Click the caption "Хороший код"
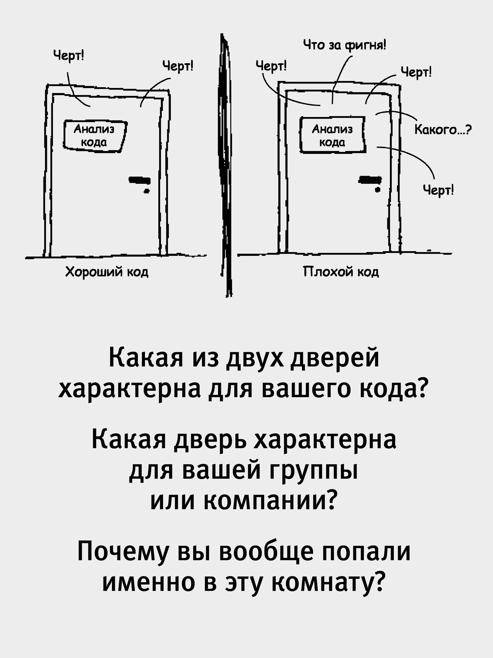(x=107, y=272)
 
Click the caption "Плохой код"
(x=341, y=272)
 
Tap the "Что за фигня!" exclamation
(x=345, y=46)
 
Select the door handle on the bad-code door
(x=370, y=179)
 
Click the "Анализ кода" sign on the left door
(x=95, y=135)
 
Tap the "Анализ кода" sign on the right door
(x=333, y=135)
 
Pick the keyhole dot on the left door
(x=147, y=192)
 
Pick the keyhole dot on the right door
(x=379, y=190)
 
